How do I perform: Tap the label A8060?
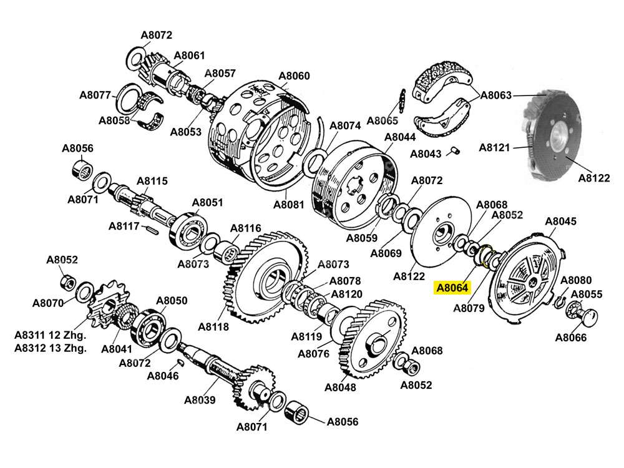click(x=294, y=76)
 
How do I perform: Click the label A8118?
click(x=213, y=326)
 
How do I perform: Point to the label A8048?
click(x=340, y=387)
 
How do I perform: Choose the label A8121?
click(x=495, y=147)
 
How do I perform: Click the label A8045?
click(x=561, y=221)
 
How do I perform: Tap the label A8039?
click(x=200, y=400)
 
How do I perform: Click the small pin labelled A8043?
click(x=456, y=150)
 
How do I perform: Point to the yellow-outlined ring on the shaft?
click(x=486, y=255)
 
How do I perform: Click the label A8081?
click(x=289, y=204)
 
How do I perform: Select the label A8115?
click(x=152, y=181)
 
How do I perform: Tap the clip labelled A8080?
click(x=560, y=301)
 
